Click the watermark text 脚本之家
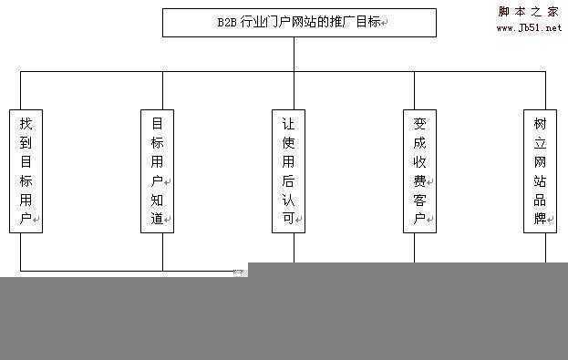tap(529, 12)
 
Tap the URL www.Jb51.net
tap(529, 28)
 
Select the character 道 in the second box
tap(156, 219)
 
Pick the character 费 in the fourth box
tap(419, 180)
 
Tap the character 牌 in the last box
tap(540, 219)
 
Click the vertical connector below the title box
tap(294, 55)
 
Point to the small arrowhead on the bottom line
tap(239, 271)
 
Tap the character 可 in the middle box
tap(288, 219)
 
